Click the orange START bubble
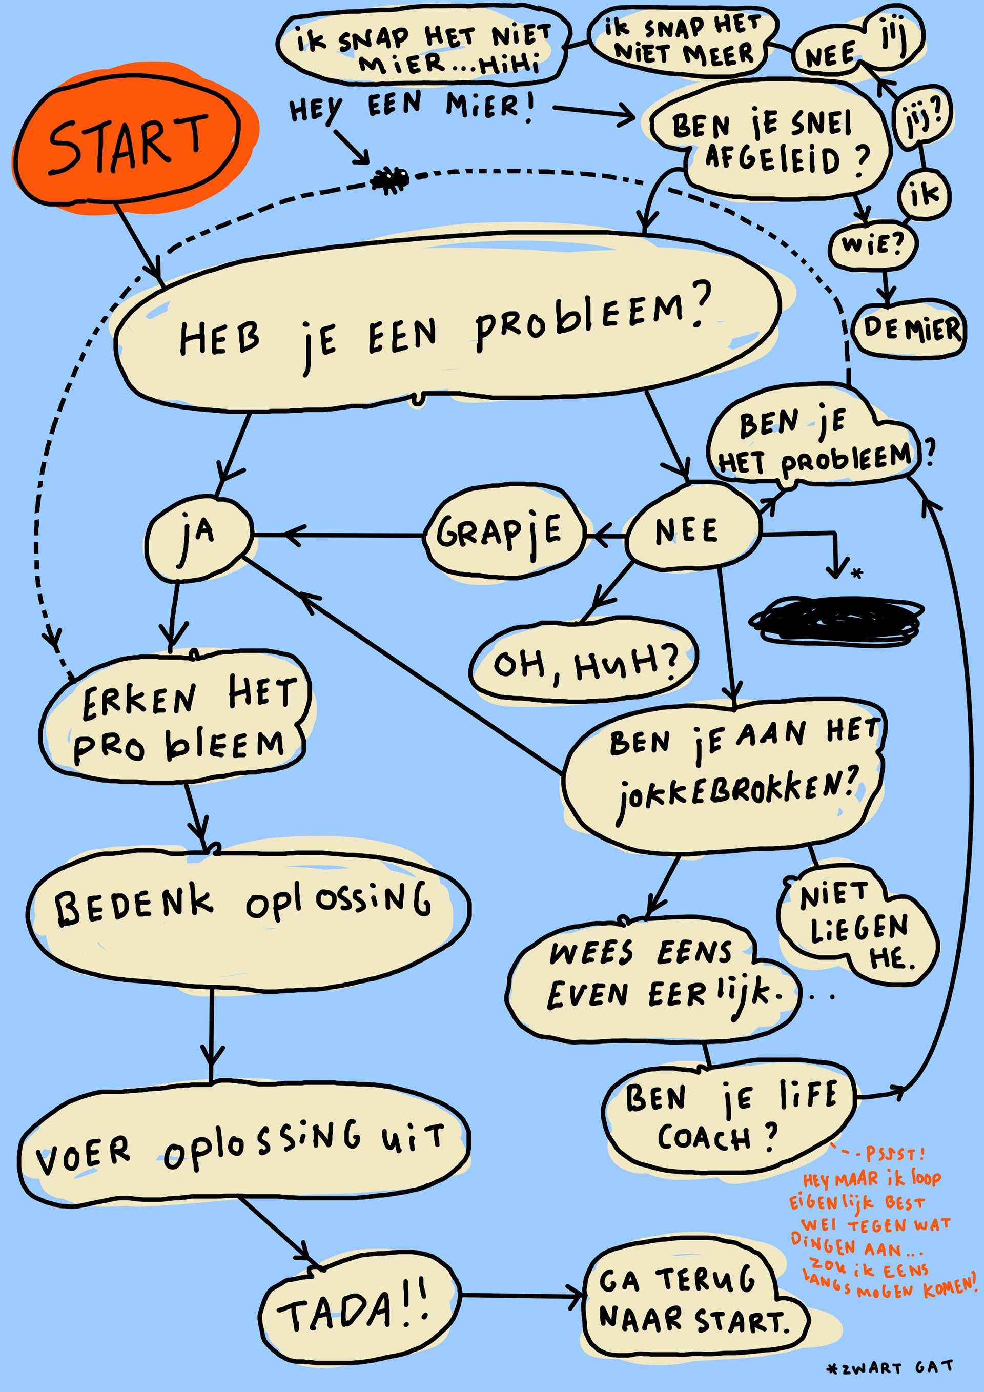(127, 142)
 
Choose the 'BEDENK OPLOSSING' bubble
(245, 909)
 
